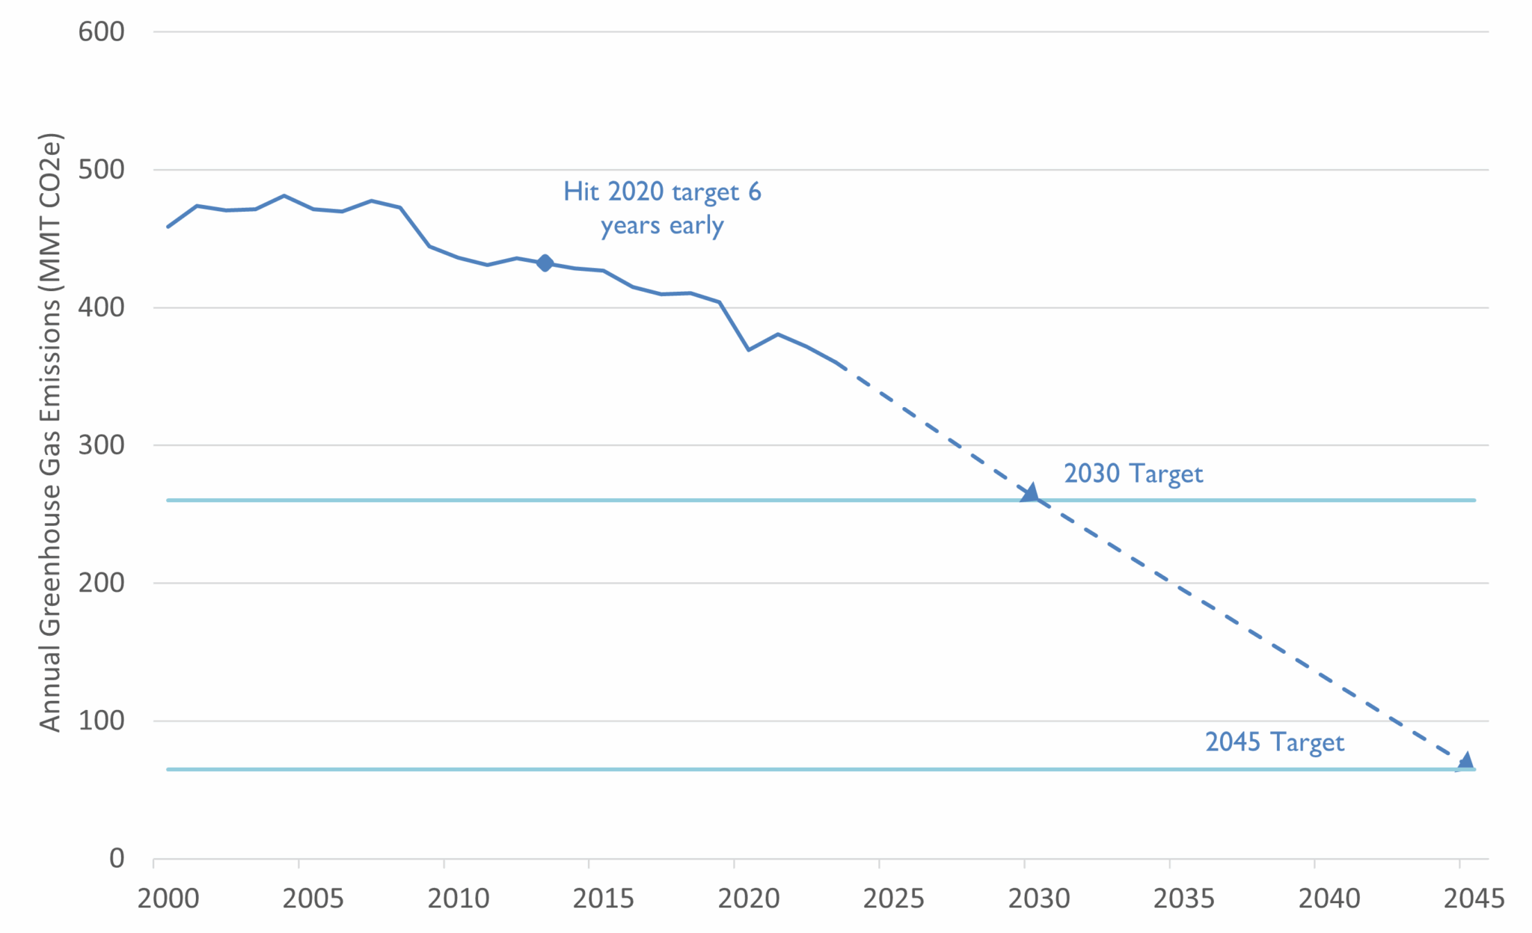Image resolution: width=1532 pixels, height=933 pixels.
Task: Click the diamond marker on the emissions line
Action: click(x=545, y=263)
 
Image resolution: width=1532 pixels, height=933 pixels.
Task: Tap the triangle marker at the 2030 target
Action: click(x=1030, y=492)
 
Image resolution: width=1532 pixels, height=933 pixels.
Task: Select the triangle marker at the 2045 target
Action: click(x=1465, y=762)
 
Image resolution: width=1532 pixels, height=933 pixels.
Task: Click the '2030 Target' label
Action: click(x=1133, y=474)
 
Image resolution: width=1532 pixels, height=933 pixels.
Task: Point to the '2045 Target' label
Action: click(x=1274, y=742)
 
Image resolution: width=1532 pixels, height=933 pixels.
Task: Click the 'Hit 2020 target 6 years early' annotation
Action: click(x=662, y=208)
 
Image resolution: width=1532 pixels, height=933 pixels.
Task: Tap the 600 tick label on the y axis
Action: click(x=101, y=31)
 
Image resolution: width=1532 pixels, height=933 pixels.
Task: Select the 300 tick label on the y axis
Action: click(x=101, y=445)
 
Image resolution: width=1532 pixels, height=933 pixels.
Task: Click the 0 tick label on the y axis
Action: click(x=116, y=858)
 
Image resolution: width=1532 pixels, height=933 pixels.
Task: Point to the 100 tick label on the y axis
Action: click(x=101, y=721)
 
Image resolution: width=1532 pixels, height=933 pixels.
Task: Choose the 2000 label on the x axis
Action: click(x=168, y=899)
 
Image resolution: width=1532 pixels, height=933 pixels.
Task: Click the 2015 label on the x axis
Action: click(x=603, y=899)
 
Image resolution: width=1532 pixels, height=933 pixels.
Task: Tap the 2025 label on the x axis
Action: click(x=893, y=899)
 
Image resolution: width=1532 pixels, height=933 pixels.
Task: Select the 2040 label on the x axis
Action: click(x=1329, y=899)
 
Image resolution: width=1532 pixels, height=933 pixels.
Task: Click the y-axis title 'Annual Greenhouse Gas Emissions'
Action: click(x=50, y=432)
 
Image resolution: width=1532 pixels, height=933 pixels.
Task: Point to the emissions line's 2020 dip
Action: click(x=749, y=349)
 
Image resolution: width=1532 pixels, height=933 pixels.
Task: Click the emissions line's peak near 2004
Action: click(x=284, y=196)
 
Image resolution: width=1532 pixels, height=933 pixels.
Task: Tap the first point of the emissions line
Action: click(x=168, y=227)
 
